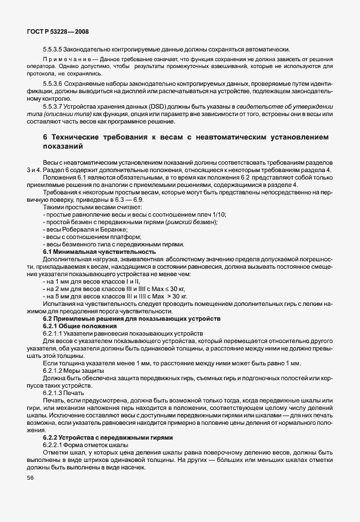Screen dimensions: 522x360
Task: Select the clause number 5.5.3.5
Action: coord(54,49)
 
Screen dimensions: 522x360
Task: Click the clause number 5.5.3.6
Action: coord(54,83)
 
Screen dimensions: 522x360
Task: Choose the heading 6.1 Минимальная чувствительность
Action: coord(99,252)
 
